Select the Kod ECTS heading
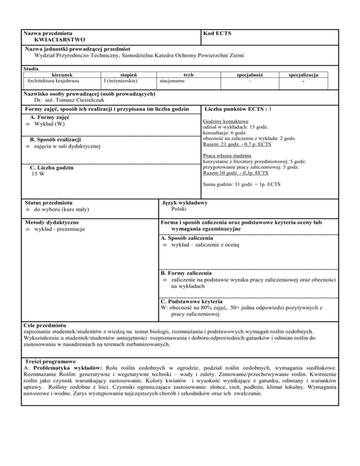click(217, 34)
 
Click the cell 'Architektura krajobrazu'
click(53, 81)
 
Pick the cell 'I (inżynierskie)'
click(121, 81)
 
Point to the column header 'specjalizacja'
click(308, 75)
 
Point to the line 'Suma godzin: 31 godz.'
click(242, 185)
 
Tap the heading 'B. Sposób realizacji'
click(55, 140)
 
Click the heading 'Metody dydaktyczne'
click(52, 222)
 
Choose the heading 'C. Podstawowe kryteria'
click(192, 301)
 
